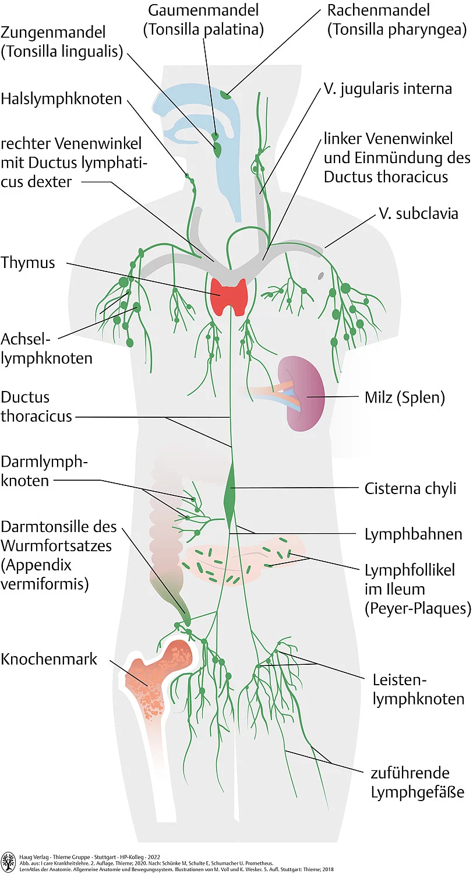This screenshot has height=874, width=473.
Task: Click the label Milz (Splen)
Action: pyautogui.click(x=404, y=398)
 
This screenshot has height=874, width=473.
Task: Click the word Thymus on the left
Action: pyautogui.click(x=28, y=262)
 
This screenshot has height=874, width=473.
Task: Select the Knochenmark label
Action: pyautogui.click(x=49, y=659)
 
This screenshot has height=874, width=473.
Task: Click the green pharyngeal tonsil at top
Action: pyautogui.click(x=225, y=93)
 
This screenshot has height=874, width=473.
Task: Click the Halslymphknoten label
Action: pyautogui.click(x=61, y=98)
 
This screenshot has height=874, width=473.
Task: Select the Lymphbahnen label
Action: pyautogui.click(x=413, y=534)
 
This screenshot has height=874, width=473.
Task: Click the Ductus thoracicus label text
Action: pyautogui.click(x=36, y=407)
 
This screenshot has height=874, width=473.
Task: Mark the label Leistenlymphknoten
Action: pyautogui.click(x=418, y=689)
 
